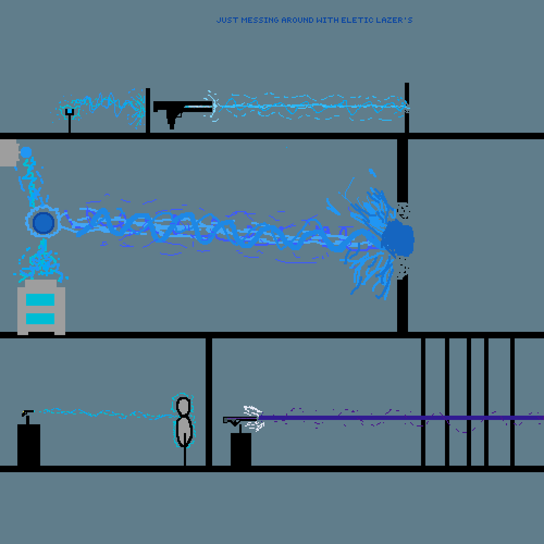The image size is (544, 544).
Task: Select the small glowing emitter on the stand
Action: click(x=69, y=113)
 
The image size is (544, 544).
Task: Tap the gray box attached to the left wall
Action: click(x=8, y=152)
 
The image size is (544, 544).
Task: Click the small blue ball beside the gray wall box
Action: click(x=26, y=152)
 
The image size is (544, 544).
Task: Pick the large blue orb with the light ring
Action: click(x=44, y=222)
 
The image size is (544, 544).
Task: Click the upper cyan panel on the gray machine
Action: click(x=40, y=300)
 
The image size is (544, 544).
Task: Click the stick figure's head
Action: click(x=184, y=406)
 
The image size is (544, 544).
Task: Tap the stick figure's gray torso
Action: click(x=185, y=431)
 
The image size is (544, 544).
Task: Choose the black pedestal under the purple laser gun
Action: click(x=241, y=449)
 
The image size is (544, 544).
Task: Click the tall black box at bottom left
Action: click(x=29, y=445)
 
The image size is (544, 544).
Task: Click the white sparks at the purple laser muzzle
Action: click(x=254, y=417)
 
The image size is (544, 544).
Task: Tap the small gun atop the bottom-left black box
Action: click(x=27, y=416)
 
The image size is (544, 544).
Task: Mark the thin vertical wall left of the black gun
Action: click(x=147, y=110)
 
